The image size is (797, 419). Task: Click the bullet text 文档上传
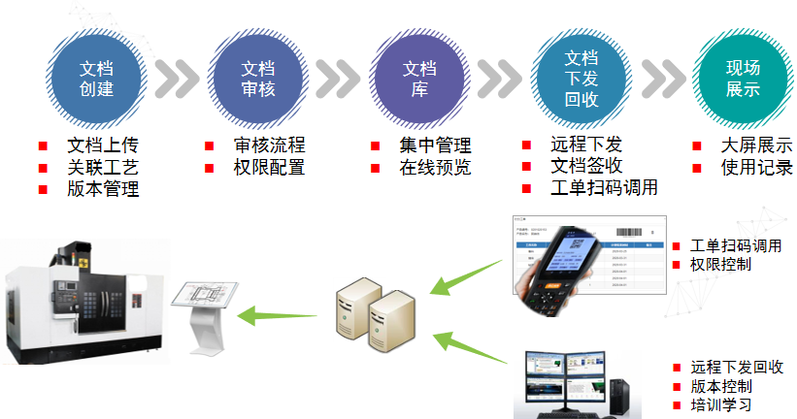point(102,145)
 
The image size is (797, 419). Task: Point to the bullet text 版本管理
point(102,189)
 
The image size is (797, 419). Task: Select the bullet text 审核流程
point(269,145)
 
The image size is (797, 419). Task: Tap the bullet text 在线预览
point(435,167)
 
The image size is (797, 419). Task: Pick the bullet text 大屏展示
point(756,145)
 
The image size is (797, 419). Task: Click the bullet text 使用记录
point(756,167)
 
